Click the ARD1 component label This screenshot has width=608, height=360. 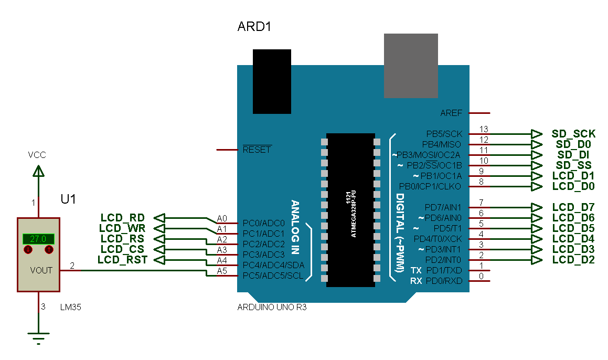254,27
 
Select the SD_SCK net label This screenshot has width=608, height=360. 573,134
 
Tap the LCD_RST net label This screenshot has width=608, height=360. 122,260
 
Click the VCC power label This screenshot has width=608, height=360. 37,155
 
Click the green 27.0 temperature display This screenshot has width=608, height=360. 38,239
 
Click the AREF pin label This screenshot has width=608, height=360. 451,113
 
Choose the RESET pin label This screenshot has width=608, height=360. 257,150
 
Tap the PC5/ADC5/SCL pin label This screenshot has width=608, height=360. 272,276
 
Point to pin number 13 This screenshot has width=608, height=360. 483,129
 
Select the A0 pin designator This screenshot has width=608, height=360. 222,218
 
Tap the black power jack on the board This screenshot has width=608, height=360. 272,81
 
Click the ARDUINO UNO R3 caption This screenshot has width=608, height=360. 272,308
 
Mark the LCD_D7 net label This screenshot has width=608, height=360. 573,207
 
